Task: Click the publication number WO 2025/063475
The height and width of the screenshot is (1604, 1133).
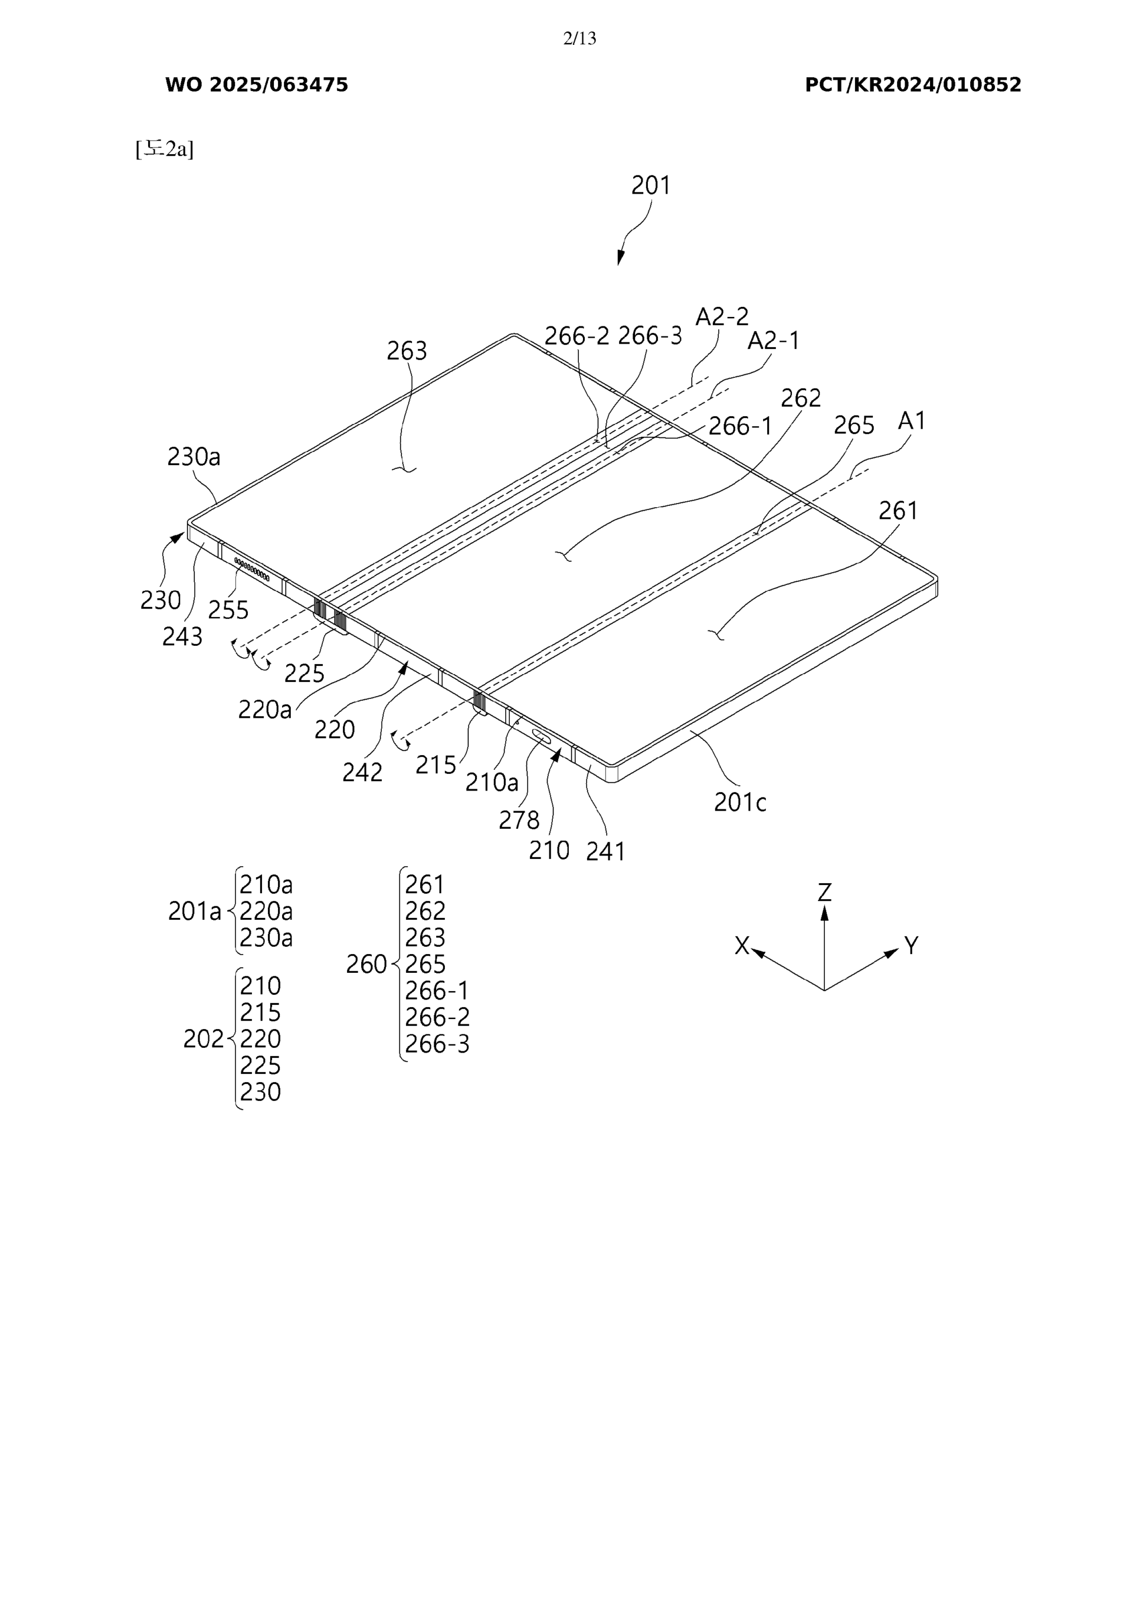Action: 256,85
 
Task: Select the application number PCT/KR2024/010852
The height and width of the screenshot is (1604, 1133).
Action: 912,85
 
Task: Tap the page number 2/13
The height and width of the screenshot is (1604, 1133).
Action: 579,38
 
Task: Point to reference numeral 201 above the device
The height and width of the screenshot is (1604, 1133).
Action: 650,185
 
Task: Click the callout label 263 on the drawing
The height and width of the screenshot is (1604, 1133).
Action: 407,351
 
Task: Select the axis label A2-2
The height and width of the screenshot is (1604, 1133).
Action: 722,317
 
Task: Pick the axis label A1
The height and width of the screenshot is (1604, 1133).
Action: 912,420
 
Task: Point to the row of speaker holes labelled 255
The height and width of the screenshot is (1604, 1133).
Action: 251,569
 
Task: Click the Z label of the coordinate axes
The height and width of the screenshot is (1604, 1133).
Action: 824,892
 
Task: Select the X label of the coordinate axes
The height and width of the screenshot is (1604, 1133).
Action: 742,945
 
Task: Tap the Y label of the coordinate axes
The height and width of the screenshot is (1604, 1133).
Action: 911,945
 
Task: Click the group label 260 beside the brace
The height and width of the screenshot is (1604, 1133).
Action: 366,964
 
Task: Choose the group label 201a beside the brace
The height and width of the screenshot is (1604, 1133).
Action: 194,911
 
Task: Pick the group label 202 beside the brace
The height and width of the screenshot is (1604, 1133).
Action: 203,1039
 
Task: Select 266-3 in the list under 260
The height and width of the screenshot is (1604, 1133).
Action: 437,1044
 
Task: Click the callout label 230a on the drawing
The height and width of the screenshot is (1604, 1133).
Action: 194,457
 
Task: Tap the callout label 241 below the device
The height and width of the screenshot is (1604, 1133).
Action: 605,851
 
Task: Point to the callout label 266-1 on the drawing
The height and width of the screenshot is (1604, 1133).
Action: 741,426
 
